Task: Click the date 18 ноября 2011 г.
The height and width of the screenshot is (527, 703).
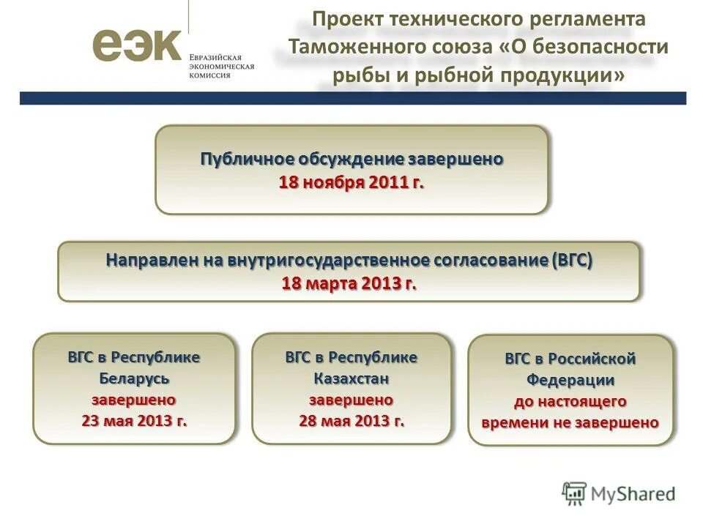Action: click(351, 182)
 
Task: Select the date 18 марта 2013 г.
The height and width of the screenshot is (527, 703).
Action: click(349, 284)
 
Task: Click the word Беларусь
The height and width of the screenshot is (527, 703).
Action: click(134, 378)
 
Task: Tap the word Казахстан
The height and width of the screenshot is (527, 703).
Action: click(351, 378)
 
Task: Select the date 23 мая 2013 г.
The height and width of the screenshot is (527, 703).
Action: click(134, 421)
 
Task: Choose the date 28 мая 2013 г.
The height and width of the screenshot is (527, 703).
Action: click(351, 421)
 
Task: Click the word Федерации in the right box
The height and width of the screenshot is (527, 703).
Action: click(570, 381)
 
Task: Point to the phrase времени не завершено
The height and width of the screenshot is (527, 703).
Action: click(570, 422)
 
